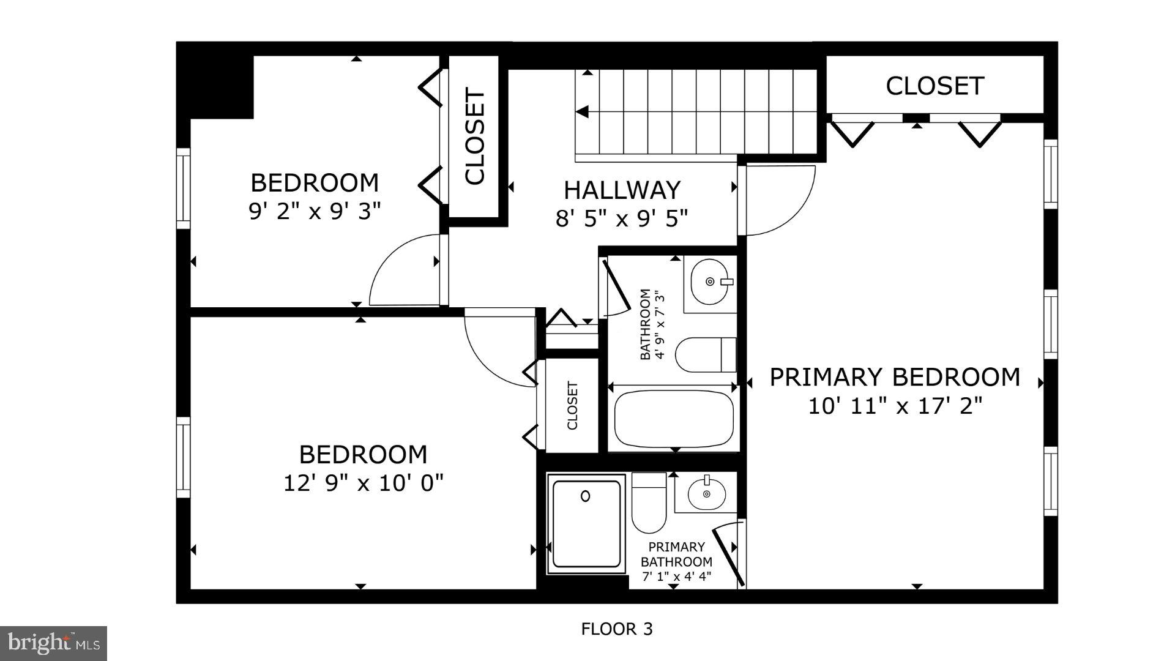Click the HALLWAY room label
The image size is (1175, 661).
(622, 190)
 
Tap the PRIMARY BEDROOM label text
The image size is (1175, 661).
(894, 378)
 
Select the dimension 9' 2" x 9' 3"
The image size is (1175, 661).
(315, 212)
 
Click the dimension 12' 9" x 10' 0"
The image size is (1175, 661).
(363, 484)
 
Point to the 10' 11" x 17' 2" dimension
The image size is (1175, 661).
(895, 406)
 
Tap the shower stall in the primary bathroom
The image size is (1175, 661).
(586, 524)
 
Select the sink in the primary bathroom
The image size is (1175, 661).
(706, 493)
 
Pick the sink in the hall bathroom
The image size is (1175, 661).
(710, 282)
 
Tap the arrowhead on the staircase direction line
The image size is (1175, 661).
(583, 112)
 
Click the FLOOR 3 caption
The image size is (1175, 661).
(617, 629)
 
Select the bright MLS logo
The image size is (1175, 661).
(54, 643)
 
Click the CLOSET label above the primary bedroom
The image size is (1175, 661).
(934, 86)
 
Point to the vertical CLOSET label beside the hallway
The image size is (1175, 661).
(475, 136)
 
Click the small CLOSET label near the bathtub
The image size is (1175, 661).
(573, 406)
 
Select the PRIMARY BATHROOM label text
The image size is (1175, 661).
(676, 554)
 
